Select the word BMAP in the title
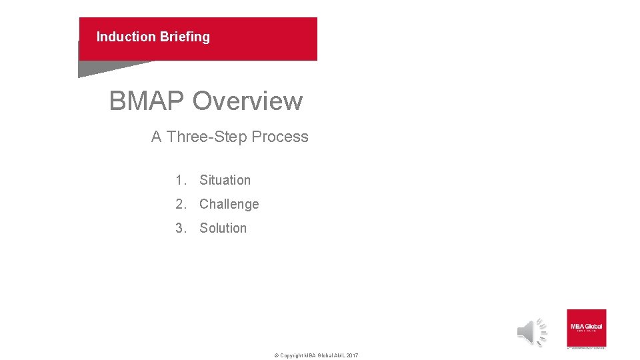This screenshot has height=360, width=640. [147, 101]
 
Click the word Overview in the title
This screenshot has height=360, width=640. [247, 101]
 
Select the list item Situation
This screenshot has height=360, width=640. [225, 180]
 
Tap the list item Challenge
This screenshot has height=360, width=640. [229, 204]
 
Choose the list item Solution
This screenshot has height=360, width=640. [223, 228]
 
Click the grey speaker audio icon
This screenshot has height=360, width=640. [532, 332]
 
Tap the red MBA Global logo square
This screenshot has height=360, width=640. [586, 327]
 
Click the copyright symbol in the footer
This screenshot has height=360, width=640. [277, 355]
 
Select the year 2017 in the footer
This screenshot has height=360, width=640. [352, 355]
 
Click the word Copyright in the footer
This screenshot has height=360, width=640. [291, 355]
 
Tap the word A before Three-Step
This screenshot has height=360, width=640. [157, 137]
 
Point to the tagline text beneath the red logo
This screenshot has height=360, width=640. [586, 347]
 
